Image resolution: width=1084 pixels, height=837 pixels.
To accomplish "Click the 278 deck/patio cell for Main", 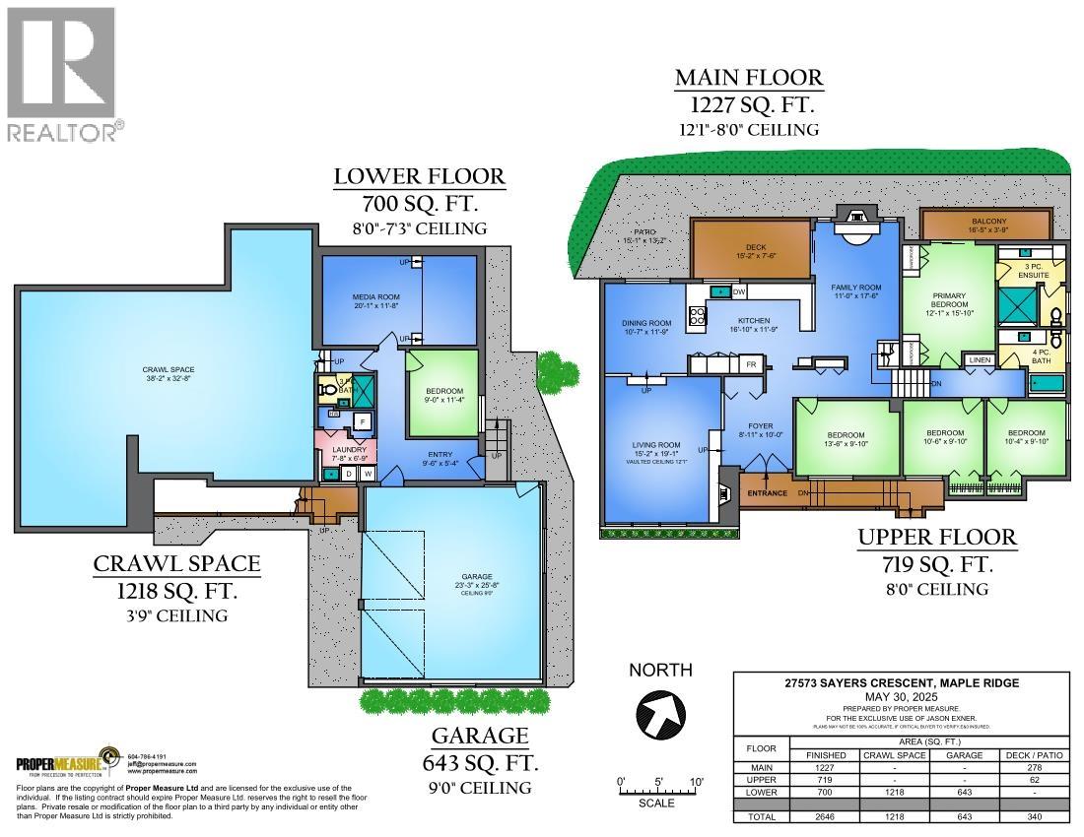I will [x=1033, y=767].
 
